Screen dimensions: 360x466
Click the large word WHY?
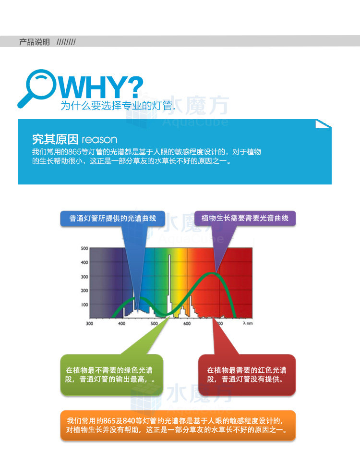tap(101, 87)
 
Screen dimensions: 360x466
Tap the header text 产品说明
tap(35, 42)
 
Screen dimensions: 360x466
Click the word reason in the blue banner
tap(99, 139)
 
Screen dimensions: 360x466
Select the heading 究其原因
tap(55, 139)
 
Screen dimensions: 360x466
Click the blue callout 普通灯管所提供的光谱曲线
tap(113, 219)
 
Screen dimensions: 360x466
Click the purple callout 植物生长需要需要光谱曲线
tap(245, 219)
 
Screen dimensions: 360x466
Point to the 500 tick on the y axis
tap(84, 248)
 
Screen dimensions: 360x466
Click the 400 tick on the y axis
tap(84, 262)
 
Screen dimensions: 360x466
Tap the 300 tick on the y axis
tap(84, 277)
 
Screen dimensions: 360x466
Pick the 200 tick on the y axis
tap(84, 290)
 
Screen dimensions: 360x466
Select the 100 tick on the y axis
tap(84, 305)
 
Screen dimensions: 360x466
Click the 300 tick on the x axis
tap(89, 323)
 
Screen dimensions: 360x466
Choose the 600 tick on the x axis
tap(187, 323)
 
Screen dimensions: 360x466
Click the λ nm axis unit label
tap(248, 323)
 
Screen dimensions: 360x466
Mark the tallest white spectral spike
tap(169, 285)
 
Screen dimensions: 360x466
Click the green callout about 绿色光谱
tap(112, 375)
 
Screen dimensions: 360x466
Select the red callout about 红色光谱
tap(247, 375)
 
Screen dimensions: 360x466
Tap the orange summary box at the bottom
tap(178, 425)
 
